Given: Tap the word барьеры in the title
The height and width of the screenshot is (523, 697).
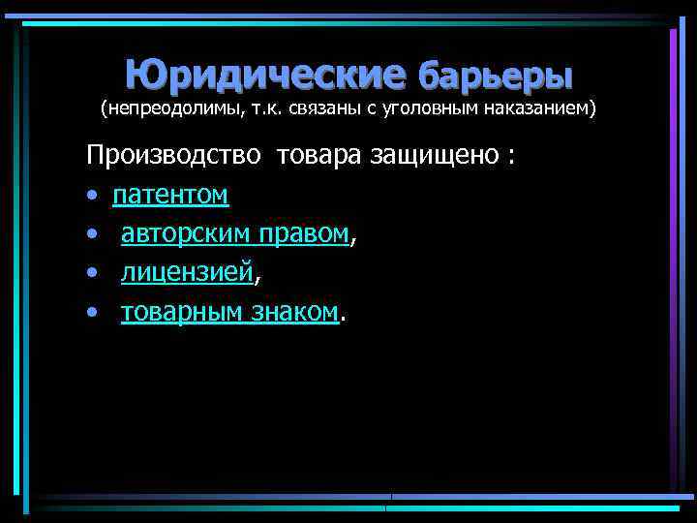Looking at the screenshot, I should tap(495, 74).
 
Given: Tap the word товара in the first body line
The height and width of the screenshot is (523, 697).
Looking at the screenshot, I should tap(321, 156).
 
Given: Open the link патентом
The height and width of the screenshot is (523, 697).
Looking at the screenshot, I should tap(170, 196).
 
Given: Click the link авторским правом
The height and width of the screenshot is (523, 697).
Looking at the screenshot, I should tap(234, 234).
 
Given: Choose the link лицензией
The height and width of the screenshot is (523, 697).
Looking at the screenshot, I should tap(186, 274).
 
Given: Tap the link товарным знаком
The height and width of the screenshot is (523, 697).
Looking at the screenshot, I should tap(229, 312).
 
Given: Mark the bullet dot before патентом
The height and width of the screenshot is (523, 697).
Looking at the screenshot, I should tap(91, 197).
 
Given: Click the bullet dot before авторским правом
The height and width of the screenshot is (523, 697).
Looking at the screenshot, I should tap(91, 235).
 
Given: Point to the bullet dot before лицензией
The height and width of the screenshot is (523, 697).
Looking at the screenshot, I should tap(91, 274).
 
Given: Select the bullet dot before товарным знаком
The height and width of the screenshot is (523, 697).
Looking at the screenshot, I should tap(91, 313).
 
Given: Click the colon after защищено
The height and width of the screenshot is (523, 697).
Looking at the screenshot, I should tap(510, 158).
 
